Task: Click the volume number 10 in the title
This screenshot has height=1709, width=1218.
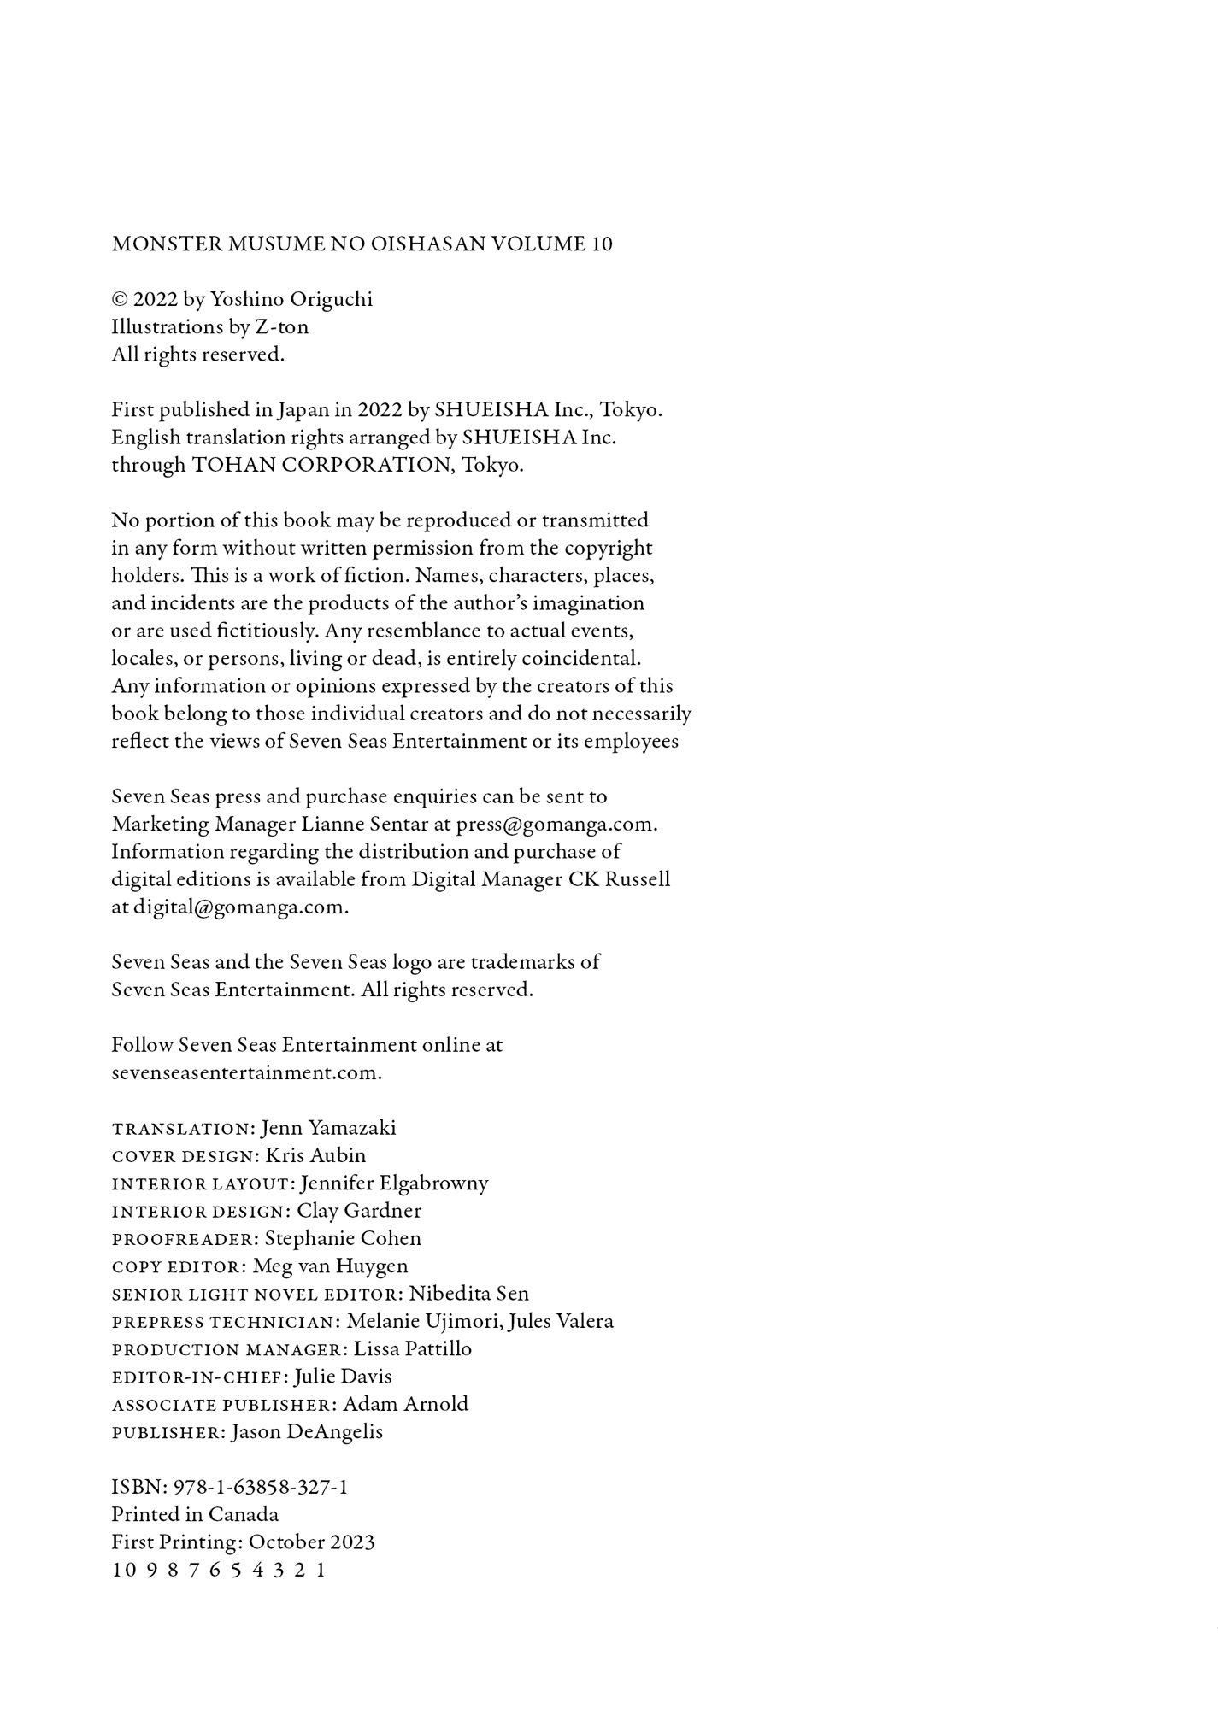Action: (x=601, y=244)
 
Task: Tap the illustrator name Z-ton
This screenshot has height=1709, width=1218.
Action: (x=281, y=327)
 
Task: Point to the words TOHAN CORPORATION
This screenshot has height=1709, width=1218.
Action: (x=321, y=466)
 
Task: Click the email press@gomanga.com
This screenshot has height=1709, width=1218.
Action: (x=556, y=825)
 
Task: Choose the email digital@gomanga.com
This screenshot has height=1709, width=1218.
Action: (x=240, y=907)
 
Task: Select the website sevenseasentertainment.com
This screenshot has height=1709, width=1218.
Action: (x=246, y=1073)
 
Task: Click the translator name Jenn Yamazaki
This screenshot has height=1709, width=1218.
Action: (x=328, y=1128)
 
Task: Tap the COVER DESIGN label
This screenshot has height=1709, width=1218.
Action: (x=185, y=1156)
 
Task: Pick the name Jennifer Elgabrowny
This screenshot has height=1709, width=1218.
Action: (x=394, y=1183)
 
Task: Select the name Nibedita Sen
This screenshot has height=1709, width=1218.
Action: (x=468, y=1294)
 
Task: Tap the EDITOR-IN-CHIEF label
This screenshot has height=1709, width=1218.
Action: (x=200, y=1377)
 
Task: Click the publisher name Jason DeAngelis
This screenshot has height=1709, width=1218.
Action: (x=306, y=1432)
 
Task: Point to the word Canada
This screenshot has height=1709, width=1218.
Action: (x=244, y=1515)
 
